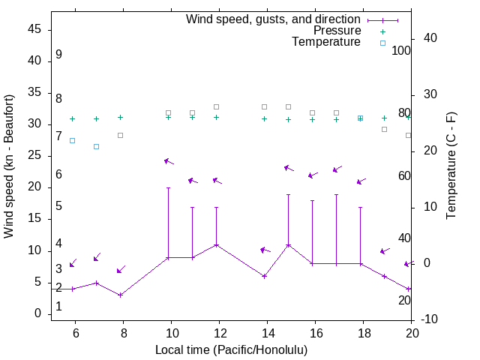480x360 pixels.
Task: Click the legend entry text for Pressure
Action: click(x=337, y=31)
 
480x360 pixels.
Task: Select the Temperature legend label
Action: click(x=326, y=42)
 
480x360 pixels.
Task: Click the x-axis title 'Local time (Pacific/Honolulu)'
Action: click(x=231, y=349)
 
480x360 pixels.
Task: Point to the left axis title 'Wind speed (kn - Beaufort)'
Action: click(x=9, y=166)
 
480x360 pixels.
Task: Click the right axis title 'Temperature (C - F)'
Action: click(x=451, y=165)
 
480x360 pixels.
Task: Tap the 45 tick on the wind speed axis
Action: click(x=34, y=29)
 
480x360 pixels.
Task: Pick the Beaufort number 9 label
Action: click(x=58, y=55)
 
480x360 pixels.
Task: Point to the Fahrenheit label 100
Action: click(x=401, y=51)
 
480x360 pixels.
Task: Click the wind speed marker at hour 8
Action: click(x=120, y=295)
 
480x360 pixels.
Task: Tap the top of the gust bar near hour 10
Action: click(x=168, y=187)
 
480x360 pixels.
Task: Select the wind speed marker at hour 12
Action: click(x=216, y=244)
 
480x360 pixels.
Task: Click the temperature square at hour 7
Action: click(x=96, y=146)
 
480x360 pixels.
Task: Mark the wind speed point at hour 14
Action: click(x=264, y=276)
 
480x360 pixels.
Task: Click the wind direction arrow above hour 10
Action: click(x=169, y=161)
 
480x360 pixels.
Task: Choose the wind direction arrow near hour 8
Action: click(x=121, y=269)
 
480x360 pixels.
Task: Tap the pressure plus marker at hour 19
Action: click(x=384, y=118)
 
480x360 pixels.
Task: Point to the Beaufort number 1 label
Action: click(x=58, y=307)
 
